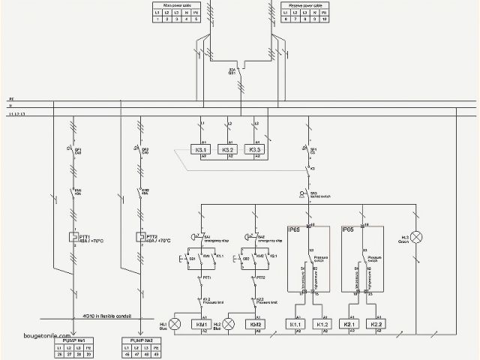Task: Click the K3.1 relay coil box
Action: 200,149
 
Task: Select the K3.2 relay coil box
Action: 228,149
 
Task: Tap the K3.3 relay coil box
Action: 256,149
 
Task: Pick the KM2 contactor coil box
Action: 255,325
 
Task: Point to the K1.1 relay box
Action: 296,325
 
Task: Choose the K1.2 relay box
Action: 323,325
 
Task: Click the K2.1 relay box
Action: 350,325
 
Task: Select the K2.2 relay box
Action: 376,325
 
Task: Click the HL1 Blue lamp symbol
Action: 175,324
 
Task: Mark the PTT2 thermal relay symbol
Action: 139,237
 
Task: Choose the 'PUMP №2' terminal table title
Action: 139,341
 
